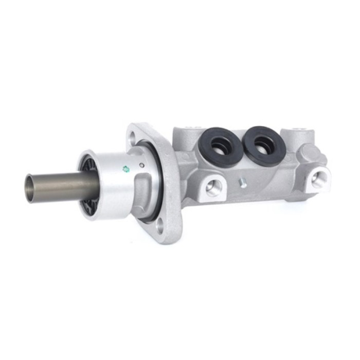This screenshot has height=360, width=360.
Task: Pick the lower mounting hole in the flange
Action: [x=161, y=225]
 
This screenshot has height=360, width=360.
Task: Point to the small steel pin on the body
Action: [x=243, y=183]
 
